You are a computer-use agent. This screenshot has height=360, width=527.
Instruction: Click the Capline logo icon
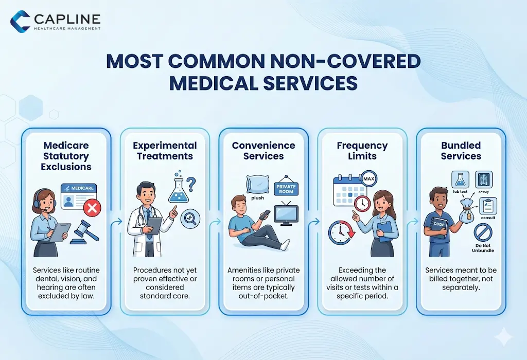20,21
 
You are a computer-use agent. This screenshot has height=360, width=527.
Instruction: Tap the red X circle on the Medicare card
93,208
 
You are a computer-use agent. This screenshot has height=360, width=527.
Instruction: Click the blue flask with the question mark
178,189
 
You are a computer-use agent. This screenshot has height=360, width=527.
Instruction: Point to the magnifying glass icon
190,219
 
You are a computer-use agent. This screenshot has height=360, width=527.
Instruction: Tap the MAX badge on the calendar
368,179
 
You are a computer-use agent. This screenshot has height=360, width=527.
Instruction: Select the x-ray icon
483,179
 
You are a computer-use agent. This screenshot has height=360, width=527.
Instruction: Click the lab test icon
459,180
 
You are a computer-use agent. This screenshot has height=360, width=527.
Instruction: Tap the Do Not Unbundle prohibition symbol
483,235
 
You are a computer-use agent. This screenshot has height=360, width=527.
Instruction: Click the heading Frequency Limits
363,151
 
